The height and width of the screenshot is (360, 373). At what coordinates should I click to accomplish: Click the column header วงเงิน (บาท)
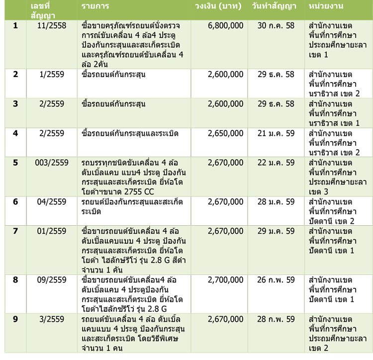pyautogui.click(x=219, y=6)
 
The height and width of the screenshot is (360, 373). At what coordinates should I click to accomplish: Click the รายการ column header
pyautogui.click(x=95, y=6)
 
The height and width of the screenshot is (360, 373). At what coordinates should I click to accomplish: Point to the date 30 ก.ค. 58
pyautogui.click(x=277, y=25)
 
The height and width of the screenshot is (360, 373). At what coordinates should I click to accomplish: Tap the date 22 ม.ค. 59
pyautogui.click(x=277, y=163)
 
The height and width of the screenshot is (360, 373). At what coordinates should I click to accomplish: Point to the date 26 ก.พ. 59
pyautogui.click(x=277, y=280)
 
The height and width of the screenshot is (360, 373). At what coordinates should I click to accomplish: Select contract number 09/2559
pyautogui.click(x=51, y=280)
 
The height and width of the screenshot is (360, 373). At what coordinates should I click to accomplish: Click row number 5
pyautogui.click(x=15, y=163)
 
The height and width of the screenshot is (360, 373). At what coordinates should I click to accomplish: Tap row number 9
pyautogui.click(x=15, y=319)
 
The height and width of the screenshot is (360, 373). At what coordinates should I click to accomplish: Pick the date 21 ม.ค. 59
pyautogui.click(x=277, y=134)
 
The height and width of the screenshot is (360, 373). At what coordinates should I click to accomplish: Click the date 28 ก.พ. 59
pyautogui.click(x=277, y=319)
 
